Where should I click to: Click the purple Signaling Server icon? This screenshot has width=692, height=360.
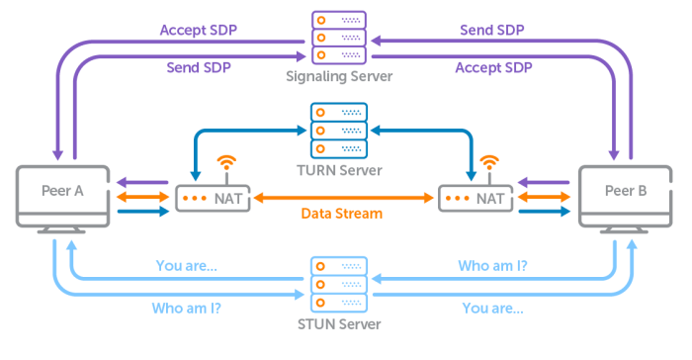[x=339, y=36]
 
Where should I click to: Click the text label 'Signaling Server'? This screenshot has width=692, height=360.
[x=339, y=75]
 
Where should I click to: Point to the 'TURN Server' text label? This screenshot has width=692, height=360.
[x=339, y=170]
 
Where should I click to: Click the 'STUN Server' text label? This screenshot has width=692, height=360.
[x=339, y=323]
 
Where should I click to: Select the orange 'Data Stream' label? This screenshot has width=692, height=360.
[x=344, y=214]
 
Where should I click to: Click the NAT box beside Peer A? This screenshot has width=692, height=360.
[x=209, y=198]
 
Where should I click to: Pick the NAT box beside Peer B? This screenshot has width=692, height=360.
[x=477, y=198]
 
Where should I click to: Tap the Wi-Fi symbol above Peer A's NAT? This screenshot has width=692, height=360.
[x=227, y=163]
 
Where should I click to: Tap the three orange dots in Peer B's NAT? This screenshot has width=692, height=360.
[x=460, y=198]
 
